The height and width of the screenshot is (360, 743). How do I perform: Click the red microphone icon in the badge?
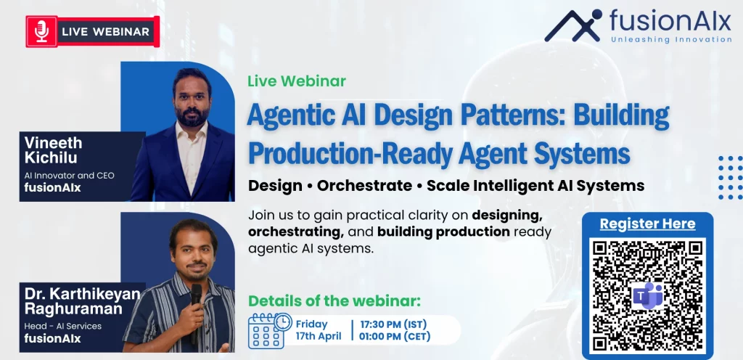(41, 31)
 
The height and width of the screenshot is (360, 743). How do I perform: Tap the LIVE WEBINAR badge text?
(105, 31)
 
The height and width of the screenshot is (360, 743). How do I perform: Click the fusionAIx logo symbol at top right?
(574, 25)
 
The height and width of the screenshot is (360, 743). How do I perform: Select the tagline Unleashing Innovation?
(671, 39)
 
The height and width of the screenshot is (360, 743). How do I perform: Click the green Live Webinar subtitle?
(296, 81)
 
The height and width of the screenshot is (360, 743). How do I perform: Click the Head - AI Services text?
(63, 326)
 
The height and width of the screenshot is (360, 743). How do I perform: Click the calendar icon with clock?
(269, 330)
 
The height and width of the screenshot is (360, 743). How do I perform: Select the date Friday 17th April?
(317, 330)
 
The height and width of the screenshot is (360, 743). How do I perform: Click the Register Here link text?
(647, 224)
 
